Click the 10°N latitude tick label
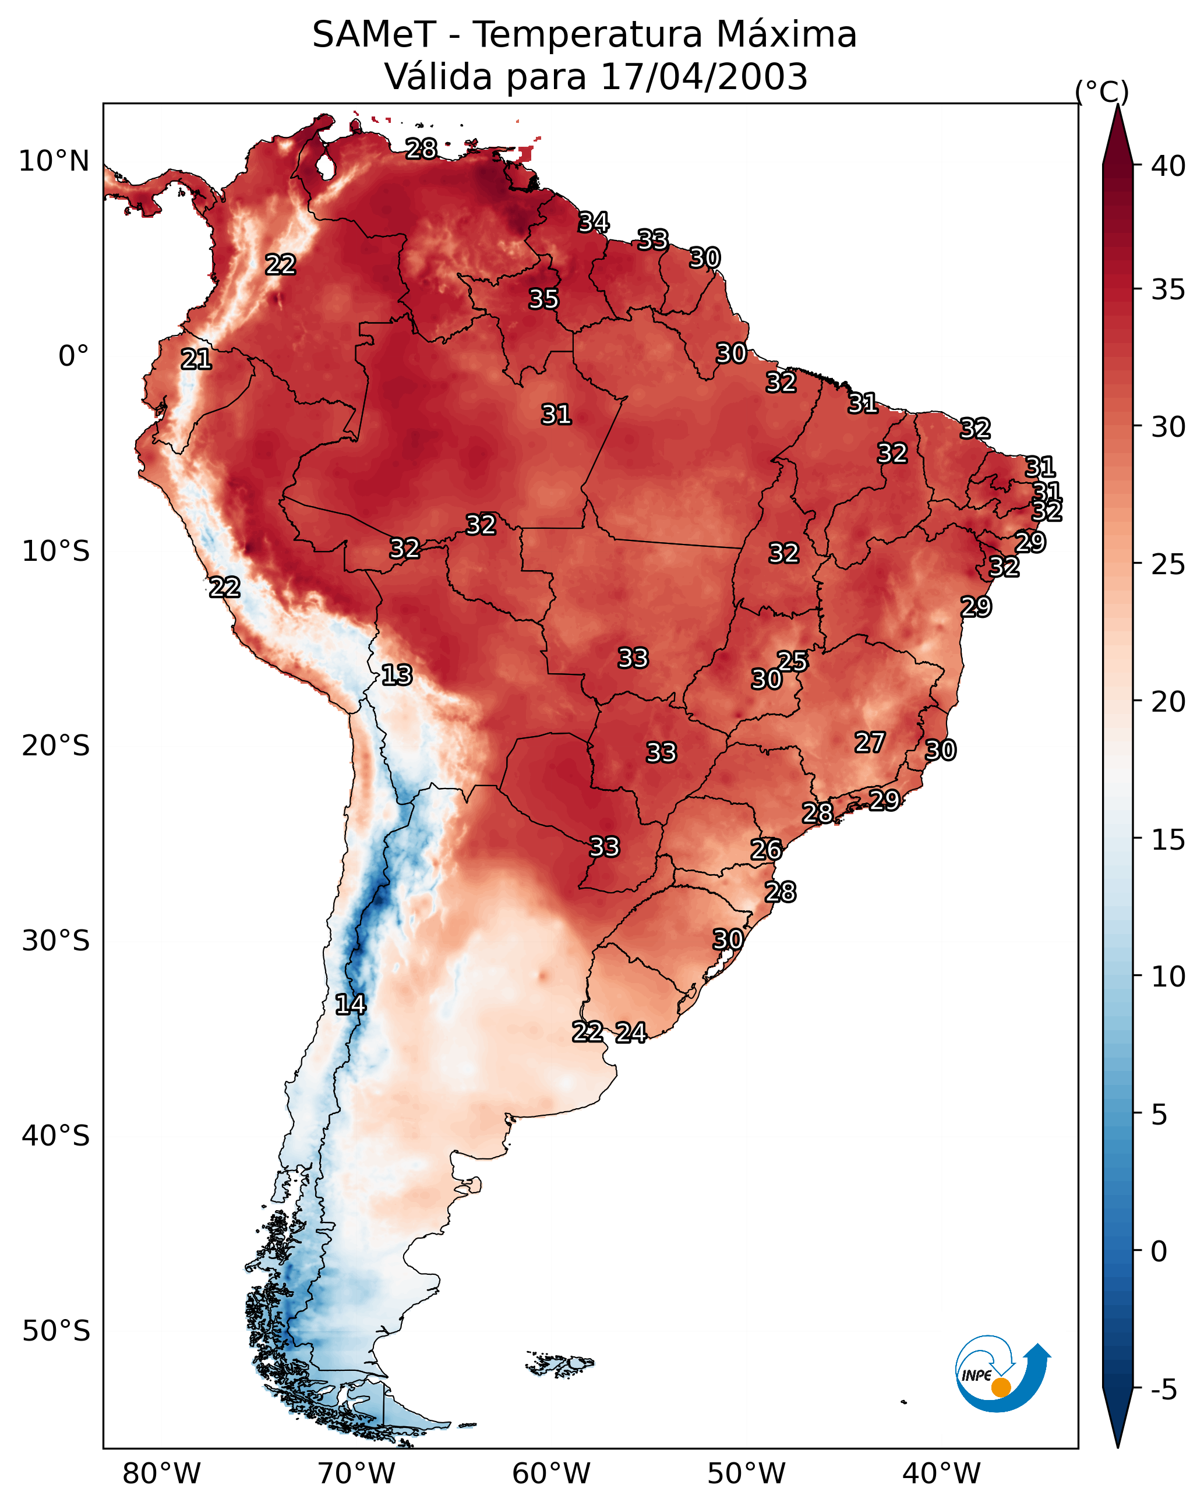coord(54,161)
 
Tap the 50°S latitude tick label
coord(56,1331)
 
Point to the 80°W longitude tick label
coord(161,1474)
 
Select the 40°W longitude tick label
coord(941,1474)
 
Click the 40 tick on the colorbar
coord(1168,166)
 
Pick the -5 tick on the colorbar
coord(1163,1390)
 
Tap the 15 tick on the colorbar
coord(1168,840)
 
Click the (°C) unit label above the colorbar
coord(1101,91)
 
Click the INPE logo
coord(1001,1374)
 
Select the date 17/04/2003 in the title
coord(704,76)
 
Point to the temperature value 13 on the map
coord(397,675)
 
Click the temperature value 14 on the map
coord(350,1005)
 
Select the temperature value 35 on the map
coord(543,299)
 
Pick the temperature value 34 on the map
coord(594,222)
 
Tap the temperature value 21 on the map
coord(196,359)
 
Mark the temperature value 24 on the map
coord(631,1033)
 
